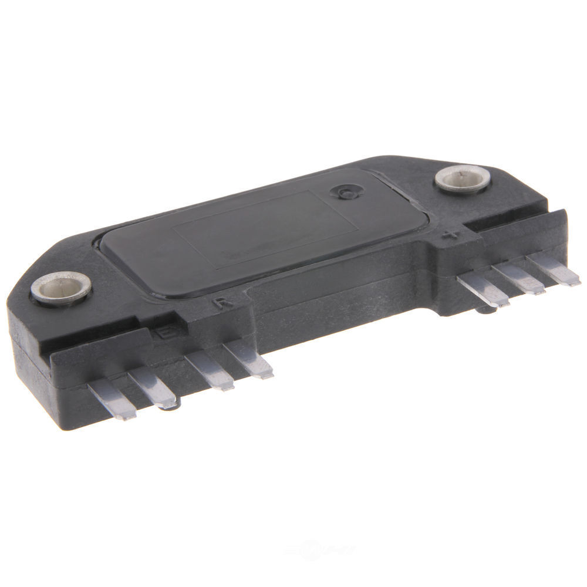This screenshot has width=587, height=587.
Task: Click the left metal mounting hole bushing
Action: click(61, 288)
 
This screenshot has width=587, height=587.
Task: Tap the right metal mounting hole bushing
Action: click(463, 178)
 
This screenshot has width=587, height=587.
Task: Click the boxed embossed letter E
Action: click(162, 332)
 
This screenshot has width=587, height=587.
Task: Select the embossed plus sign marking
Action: click(450, 237)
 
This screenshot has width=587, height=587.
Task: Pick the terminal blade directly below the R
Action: click(249, 359)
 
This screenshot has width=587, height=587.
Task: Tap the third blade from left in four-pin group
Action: click(210, 372)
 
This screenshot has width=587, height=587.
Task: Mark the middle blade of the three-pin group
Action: click(519, 278)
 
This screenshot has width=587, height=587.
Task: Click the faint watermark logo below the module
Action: click(320, 550)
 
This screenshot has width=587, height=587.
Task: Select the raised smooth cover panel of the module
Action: click(258, 235)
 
